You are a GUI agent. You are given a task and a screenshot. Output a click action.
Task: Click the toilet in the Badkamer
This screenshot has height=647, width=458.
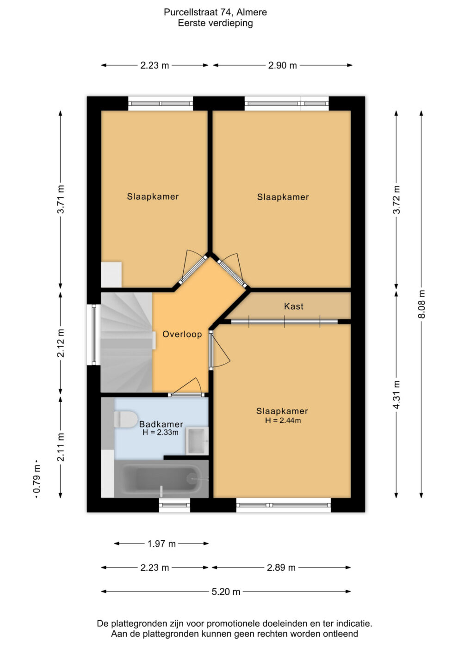point(125,419)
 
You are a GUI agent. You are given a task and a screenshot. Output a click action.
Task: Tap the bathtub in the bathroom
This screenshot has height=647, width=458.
point(161,479)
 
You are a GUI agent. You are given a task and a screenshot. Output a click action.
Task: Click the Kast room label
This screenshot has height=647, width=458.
point(293,306)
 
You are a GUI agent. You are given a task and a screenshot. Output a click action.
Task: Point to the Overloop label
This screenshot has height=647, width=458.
point(182,334)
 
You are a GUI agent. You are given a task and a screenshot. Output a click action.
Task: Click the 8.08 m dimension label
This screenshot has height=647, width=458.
point(421,304)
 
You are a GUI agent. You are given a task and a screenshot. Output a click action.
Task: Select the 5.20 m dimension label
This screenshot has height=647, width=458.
point(226,592)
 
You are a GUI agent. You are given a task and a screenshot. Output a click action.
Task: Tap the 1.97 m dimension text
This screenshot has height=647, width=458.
point(161,544)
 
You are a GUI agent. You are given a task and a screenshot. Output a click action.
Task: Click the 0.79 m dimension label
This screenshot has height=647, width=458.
point(37,479)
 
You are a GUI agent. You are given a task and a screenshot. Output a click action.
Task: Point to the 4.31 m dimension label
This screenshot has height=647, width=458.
point(396,395)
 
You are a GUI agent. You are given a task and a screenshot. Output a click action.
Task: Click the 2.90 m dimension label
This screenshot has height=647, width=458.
point(283,66)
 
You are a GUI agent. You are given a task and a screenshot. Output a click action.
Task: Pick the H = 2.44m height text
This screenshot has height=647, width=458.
point(283,420)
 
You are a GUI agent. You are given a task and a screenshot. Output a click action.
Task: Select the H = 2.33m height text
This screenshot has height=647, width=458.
point(161,432)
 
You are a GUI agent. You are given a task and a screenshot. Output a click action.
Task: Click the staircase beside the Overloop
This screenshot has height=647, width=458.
point(127,342)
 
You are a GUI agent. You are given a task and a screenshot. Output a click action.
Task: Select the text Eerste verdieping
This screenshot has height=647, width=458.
point(215,23)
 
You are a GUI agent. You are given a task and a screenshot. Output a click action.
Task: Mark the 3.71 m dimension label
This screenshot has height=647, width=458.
point(61,199)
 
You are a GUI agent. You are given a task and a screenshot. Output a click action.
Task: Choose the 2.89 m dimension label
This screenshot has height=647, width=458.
point(281,568)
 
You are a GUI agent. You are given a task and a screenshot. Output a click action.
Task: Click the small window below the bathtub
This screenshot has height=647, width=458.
point(174,505)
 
